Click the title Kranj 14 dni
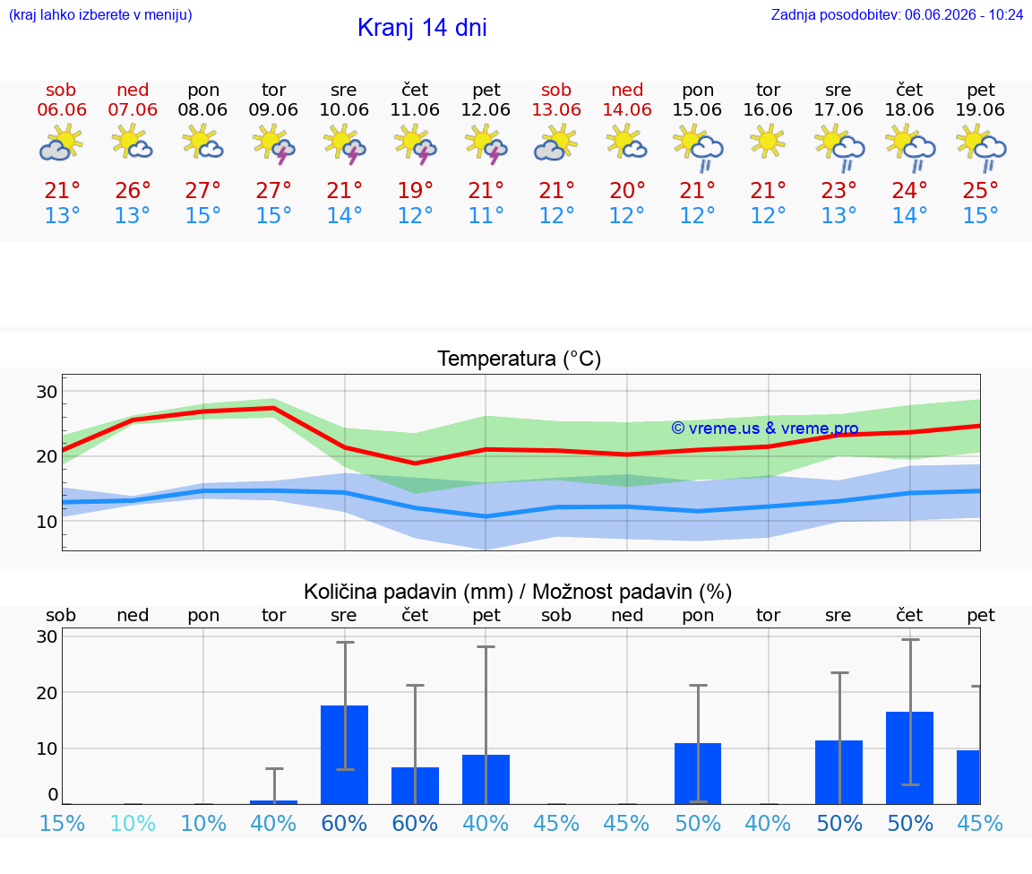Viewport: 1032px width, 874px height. pos(422,28)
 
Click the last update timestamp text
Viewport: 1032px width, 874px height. pos(897,14)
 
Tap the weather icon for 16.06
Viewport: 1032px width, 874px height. pos(768,143)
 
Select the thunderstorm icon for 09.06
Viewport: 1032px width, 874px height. pos(274,145)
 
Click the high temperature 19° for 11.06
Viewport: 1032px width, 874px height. pos(416,190)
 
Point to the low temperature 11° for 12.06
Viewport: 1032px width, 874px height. pos(486,215)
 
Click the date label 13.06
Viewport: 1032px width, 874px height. pos(556,109)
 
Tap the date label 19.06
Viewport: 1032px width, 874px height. pos(980,109)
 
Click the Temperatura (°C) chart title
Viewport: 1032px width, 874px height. pos(520,359)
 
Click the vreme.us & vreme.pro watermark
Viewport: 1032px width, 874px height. pos(765,428)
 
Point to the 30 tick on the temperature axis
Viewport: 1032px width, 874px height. pos(47,392)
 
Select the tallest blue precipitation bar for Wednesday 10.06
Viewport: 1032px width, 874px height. pos(344,755)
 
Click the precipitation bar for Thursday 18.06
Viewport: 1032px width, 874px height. pos(909,758)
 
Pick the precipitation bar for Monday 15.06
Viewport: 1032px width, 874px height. pos(698,774)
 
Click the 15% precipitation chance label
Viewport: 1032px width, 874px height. pos(62,823)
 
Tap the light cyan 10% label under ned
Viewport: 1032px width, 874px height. pos(133,823)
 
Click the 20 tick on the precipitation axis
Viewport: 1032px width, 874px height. pos(47,693)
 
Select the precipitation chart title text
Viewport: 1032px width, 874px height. pos(518,592)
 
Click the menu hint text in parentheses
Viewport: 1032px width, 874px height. pos(100,14)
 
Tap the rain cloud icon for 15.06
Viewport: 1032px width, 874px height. pos(698,149)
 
